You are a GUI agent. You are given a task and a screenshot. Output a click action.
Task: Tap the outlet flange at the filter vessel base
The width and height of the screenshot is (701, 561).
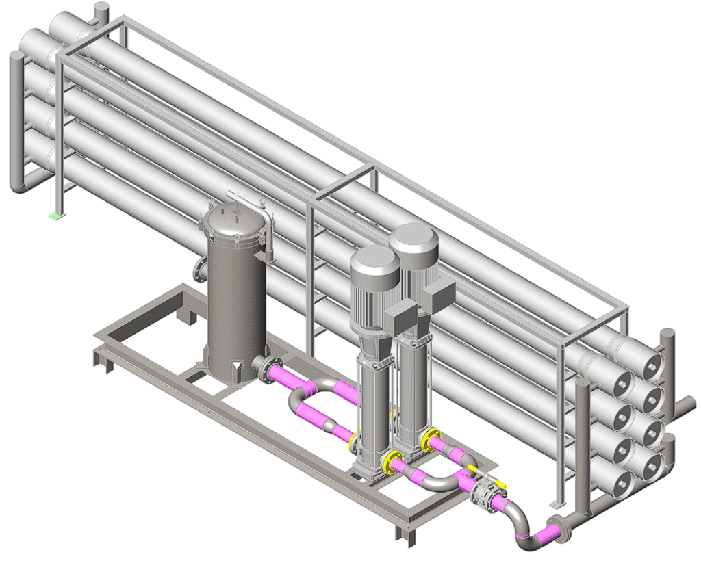pos(263,367)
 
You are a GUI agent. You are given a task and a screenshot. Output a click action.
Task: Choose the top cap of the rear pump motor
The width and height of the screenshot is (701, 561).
pos(414,236)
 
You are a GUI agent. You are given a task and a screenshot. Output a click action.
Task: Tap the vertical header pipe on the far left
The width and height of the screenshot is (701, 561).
pos(16,123)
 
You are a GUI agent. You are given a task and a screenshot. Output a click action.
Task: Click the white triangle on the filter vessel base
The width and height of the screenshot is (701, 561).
pos(237,373)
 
